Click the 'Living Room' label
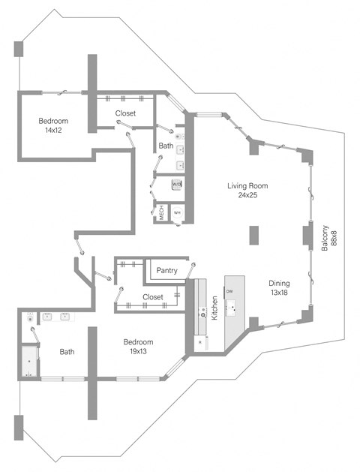(x=247, y=186)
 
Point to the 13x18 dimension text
(x=278, y=293)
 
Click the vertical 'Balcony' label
(x=325, y=239)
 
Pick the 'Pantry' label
(x=167, y=270)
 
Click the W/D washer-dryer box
(x=177, y=184)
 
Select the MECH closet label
(x=160, y=212)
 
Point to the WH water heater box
(x=177, y=213)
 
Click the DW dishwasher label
(x=229, y=291)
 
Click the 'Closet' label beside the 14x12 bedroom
(x=125, y=113)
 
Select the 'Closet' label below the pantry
(x=152, y=297)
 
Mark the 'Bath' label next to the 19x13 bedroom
(x=67, y=351)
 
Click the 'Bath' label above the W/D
(x=166, y=146)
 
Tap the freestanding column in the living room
(x=255, y=236)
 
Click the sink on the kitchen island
(x=234, y=307)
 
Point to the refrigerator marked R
(x=200, y=341)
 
